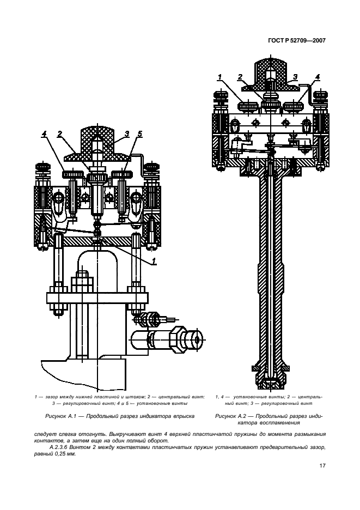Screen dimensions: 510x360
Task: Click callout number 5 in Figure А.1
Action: (x=140, y=133)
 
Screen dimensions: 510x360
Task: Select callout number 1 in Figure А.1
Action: (x=155, y=262)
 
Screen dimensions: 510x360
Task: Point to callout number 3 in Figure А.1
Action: (x=126, y=133)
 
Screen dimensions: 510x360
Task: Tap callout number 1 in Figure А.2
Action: (x=219, y=77)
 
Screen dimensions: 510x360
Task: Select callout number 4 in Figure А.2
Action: (x=318, y=77)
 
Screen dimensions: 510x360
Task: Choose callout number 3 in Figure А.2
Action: (x=295, y=77)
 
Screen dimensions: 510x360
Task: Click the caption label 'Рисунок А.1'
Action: (x=57, y=416)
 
